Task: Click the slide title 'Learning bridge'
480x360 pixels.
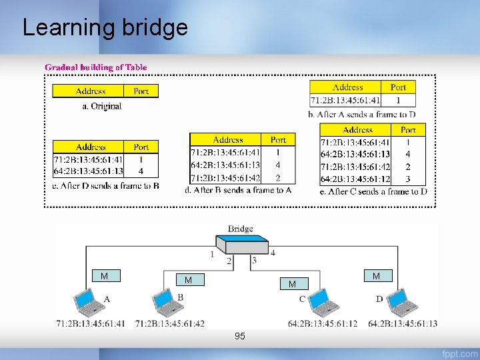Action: coord(105,28)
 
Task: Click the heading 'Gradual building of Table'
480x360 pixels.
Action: coord(96,67)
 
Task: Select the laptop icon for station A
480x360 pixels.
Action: coord(87,303)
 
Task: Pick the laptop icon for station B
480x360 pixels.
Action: coord(166,303)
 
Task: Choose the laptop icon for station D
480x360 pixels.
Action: coord(402,303)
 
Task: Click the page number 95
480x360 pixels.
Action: coord(239,337)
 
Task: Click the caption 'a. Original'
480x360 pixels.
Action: coord(101,106)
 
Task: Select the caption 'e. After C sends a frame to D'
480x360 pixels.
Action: coord(373,192)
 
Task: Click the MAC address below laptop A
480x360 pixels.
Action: coord(90,323)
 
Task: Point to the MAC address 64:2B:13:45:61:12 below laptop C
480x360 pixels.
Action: coord(323,323)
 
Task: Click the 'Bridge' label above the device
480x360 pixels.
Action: coord(240,229)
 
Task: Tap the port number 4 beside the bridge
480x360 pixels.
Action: coord(273,253)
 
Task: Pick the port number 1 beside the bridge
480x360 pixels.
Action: coord(212,254)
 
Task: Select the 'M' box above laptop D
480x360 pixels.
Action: coord(376,276)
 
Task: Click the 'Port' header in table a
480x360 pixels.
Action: coord(141,91)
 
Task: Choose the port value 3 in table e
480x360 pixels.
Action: coord(407,179)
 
